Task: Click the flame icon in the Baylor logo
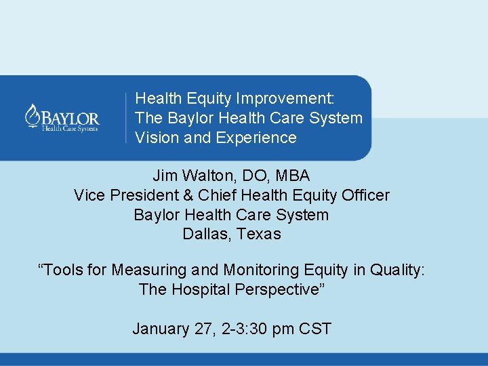[x=31, y=115]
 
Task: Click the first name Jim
[x=164, y=176]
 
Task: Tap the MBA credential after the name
[x=293, y=176]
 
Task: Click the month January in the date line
[x=161, y=329]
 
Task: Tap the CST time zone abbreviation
[x=314, y=329]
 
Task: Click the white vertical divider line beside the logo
[x=126, y=118]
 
